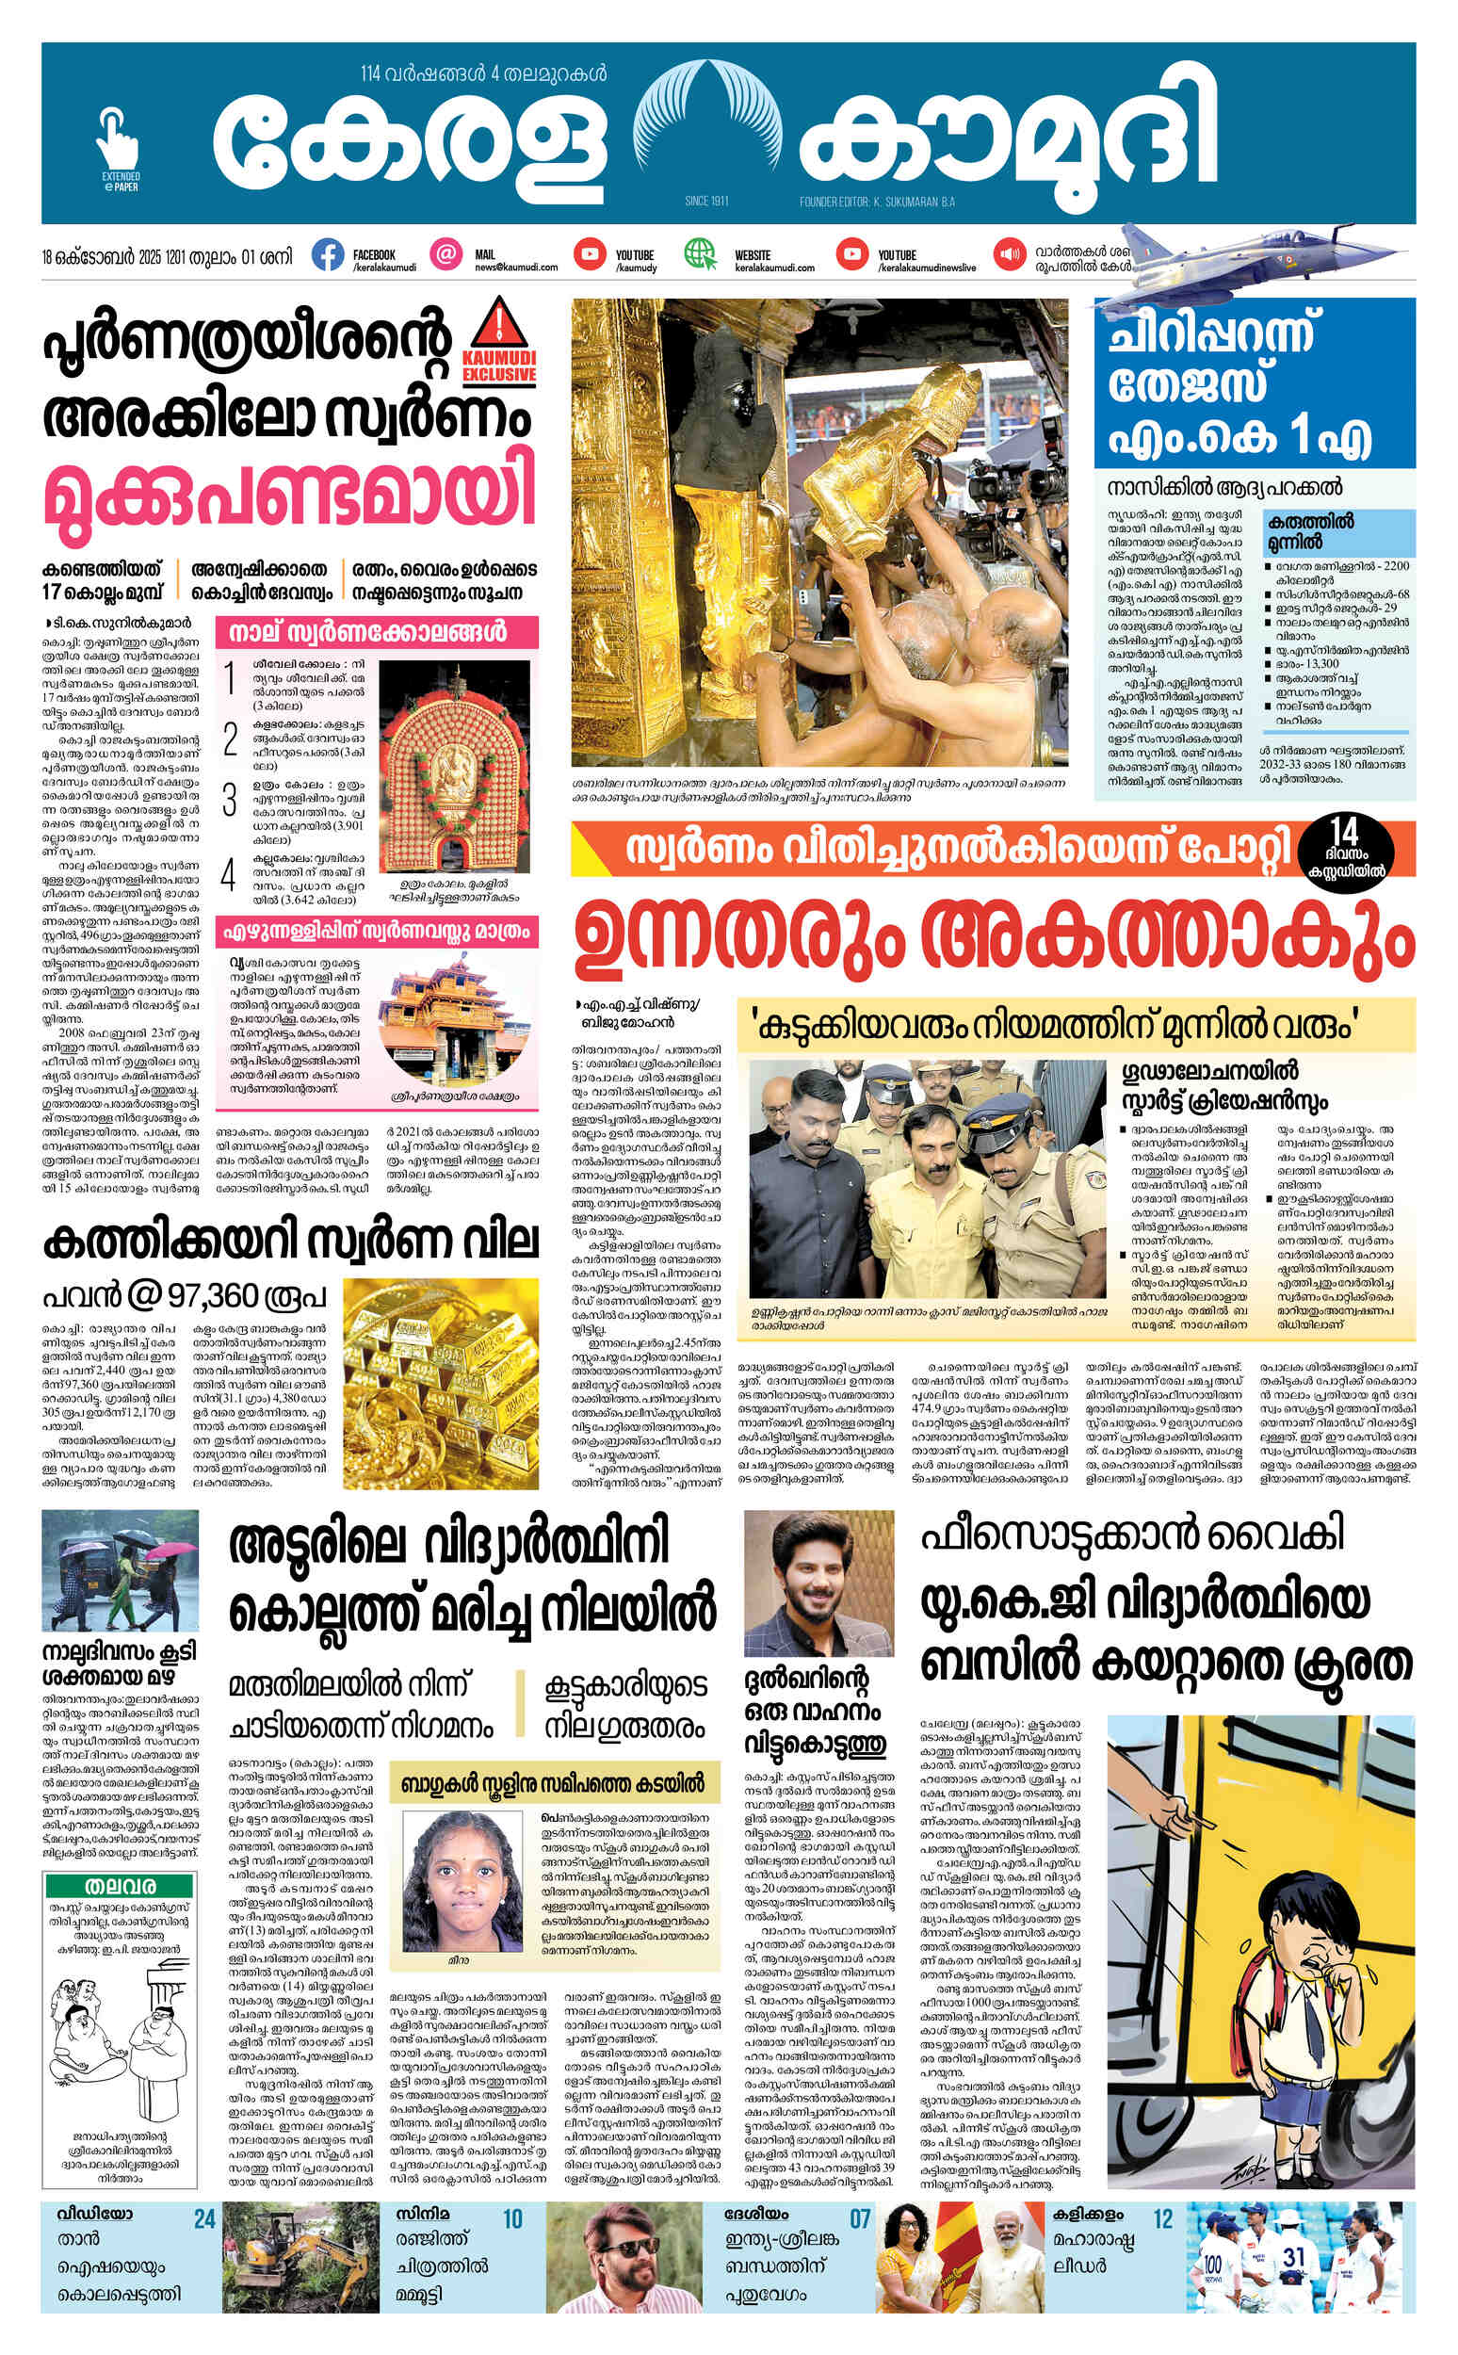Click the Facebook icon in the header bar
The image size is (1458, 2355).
(328, 255)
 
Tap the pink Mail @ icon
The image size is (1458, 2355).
(445, 255)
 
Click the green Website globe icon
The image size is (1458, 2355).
(700, 254)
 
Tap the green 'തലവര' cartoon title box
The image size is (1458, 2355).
(121, 1885)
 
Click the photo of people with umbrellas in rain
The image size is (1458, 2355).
(120, 1571)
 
